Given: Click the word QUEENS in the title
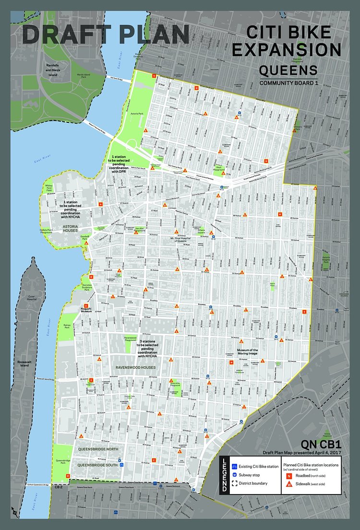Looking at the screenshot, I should point(288,71).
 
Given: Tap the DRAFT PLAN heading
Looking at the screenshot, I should point(106,35).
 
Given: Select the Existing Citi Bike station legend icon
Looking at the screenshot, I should point(234,466).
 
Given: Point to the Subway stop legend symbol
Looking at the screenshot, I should point(234,475).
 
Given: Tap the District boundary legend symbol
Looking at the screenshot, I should point(234,483).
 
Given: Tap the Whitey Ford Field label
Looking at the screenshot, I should point(49,188).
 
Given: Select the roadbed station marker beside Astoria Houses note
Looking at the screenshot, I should point(101,205).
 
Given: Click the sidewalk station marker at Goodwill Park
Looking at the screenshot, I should point(86,243).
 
